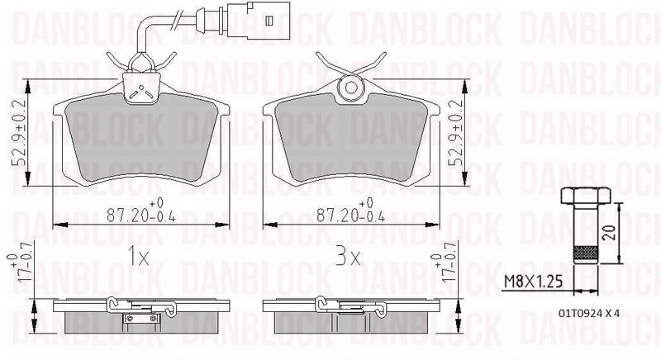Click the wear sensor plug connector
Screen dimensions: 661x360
(258, 20)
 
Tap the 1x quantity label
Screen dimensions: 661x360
(139, 256)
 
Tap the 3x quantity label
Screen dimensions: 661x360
(348, 256)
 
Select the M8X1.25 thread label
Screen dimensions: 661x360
(533, 281)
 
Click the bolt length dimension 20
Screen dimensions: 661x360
(609, 231)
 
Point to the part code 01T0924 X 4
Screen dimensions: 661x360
(589, 313)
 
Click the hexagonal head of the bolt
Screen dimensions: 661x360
(586, 196)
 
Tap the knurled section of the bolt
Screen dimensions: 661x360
(586, 253)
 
